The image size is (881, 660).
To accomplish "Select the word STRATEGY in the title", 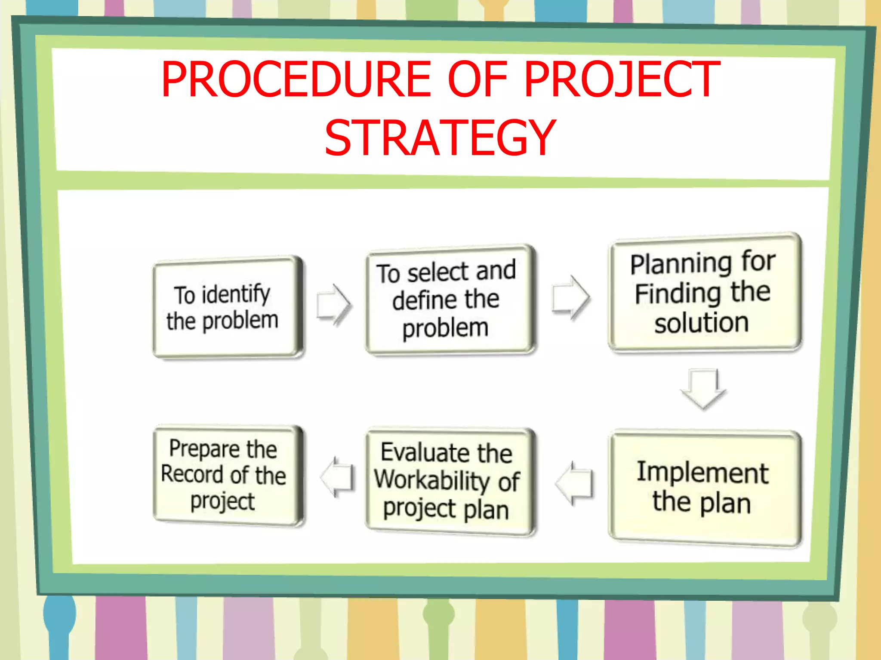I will click(x=440, y=138).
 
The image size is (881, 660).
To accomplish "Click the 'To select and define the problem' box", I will click(x=449, y=299).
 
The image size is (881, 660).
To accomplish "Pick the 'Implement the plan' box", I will click(x=704, y=488).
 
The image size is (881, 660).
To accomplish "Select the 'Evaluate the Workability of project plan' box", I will click(x=449, y=481).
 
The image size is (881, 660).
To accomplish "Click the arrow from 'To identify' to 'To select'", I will click(x=334, y=305).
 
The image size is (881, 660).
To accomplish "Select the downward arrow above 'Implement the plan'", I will click(x=703, y=388).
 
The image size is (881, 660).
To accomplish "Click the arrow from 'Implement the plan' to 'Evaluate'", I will click(x=574, y=483).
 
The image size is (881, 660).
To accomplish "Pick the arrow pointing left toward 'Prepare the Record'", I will click(x=338, y=477).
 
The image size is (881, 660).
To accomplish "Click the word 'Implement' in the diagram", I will click(x=702, y=473).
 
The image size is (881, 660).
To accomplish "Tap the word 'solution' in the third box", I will click(x=702, y=323).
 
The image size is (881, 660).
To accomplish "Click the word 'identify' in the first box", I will click(x=236, y=294).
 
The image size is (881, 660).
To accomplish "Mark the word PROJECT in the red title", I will click(x=622, y=79).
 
